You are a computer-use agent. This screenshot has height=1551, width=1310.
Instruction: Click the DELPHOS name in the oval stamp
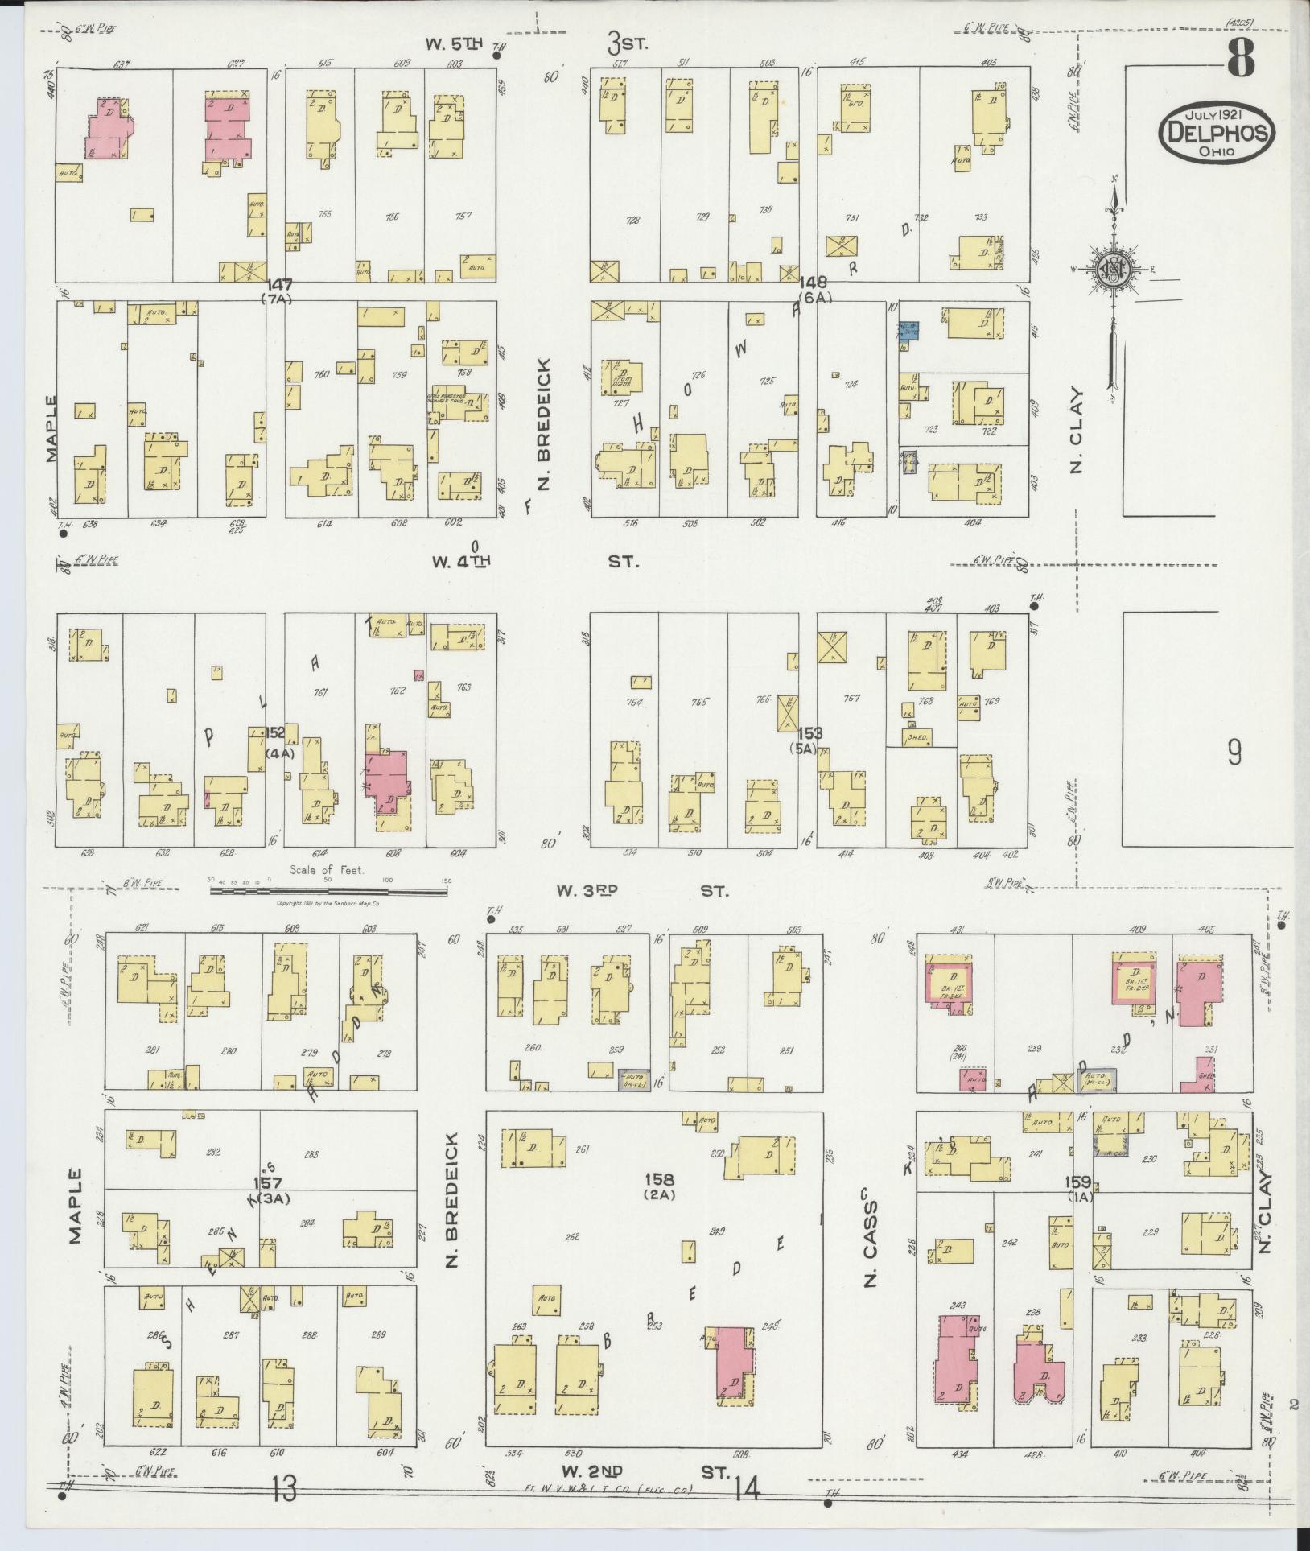(1217, 130)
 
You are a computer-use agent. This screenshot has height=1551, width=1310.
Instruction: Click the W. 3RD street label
(587, 891)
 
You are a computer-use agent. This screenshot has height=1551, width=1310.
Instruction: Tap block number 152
(275, 733)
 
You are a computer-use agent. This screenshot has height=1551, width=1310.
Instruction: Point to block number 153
(810, 733)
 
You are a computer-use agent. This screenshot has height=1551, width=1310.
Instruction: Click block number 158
(659, 1178)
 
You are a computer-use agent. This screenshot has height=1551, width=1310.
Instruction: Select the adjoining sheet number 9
(1234, 752)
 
